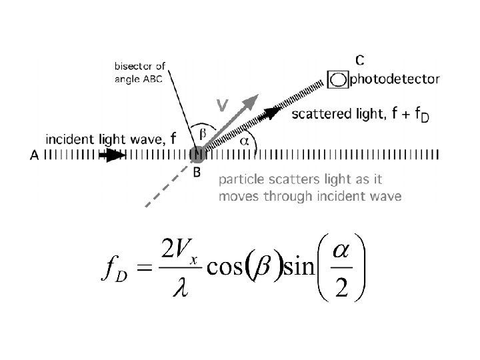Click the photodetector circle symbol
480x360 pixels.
(339, 80)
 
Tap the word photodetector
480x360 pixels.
(395, 79)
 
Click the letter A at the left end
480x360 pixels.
(34, 155)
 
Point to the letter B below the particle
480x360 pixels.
(197, 172)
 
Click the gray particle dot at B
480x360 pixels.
(197, 155)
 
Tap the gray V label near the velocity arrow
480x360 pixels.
(222, 105)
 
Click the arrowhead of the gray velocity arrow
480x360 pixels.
(251, 101)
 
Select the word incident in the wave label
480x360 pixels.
(65, 139)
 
